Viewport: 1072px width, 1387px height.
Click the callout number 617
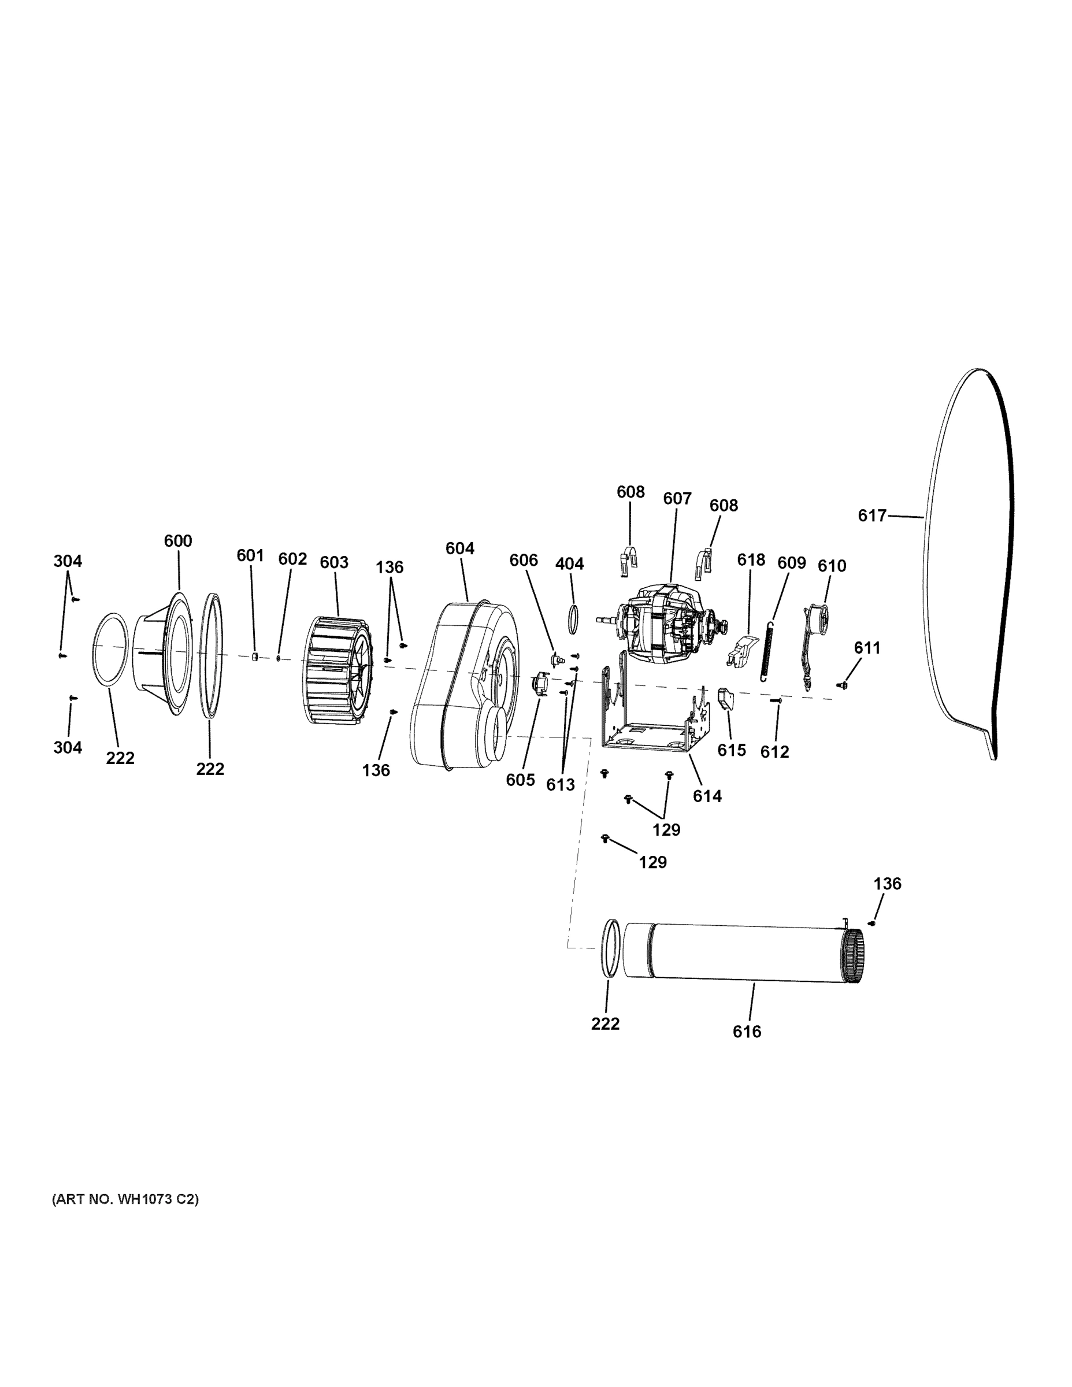pyautogui.click(x=871, y=516)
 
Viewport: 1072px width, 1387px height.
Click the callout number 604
pyautogui.click(x=460, y=548)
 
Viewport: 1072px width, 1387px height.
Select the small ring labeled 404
pyautogui.click(x=573, y=618)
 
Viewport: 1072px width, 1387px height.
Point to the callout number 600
pyautogui.click(x=178, y=540)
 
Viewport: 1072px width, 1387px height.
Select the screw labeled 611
pyautogui.click(x=844, y=685)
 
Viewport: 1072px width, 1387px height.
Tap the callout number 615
pyautogui.click(x=732, y=750)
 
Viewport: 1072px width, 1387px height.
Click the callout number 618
pyautogui.click(x=751, y=559)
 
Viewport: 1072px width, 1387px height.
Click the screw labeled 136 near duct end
pyautogui.click(x=872, y=923)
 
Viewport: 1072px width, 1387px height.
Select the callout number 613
pyautogui.click(x=560, y=784)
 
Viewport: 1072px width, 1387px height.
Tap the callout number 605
pyautogui.click(x=520, y=780)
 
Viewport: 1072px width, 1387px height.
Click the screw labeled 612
pyautogui.click(x=776, y=700)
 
